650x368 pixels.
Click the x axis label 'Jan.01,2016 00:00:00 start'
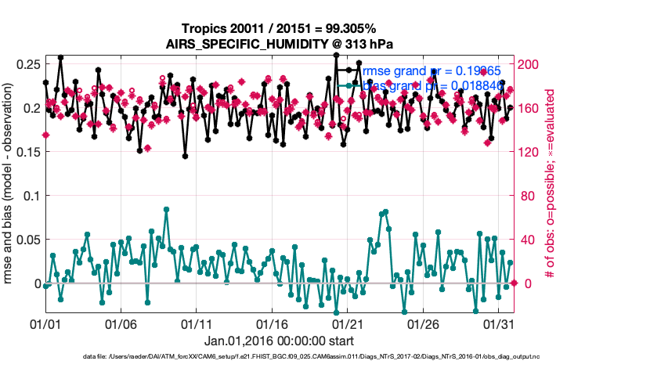[279, 341]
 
